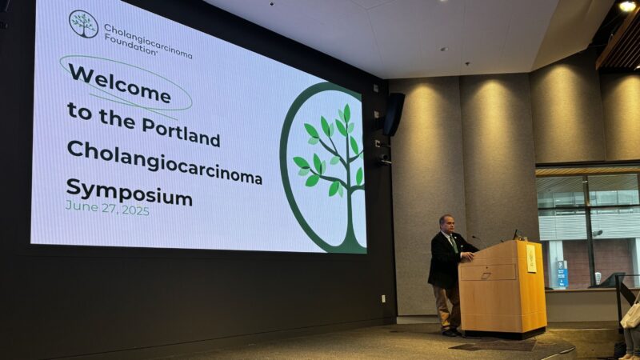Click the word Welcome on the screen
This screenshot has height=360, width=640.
pos(119,84)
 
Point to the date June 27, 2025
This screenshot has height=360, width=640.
pos(107,208)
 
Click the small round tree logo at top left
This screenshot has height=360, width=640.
pos(83,24)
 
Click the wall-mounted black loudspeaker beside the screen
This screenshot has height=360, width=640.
pos(393,114)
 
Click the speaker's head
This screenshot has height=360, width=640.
pos(446,222)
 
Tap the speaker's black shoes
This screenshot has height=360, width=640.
pos(452,331)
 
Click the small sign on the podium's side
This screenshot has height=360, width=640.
pos(530,258)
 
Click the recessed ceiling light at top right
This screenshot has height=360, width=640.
pos(626,6)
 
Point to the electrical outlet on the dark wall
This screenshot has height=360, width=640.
pos(382,298)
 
